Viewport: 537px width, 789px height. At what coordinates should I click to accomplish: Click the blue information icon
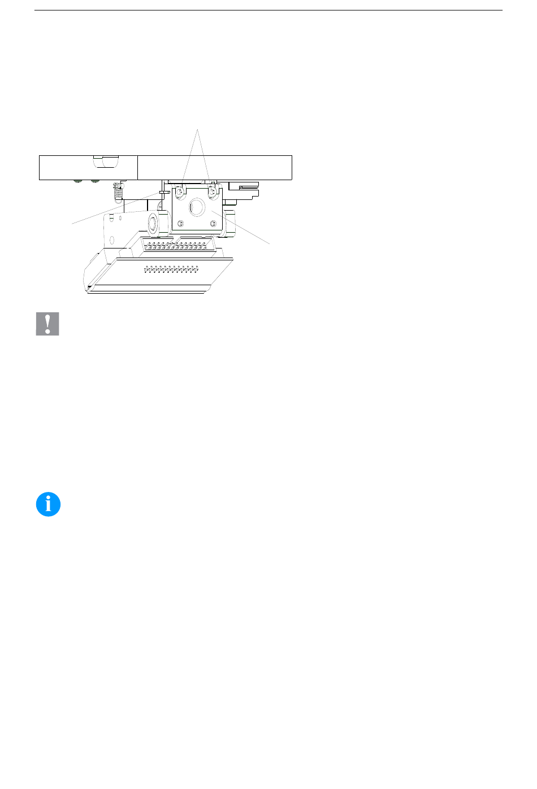[x=48, y=504]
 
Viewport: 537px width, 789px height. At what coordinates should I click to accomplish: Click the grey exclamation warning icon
[x=47, y=324]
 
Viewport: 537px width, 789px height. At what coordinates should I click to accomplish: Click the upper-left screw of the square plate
[x=180, y=193]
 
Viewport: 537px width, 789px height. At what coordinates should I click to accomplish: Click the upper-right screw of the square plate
[x=213, y=193]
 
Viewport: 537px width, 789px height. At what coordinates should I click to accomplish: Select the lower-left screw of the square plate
[x=180, y=224]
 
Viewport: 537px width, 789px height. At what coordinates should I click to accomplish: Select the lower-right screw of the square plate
[x=213, y=224]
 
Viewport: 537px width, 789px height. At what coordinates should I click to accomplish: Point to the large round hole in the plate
[x=196, y=208]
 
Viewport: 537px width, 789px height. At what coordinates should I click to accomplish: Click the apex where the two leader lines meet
[x=197, y=130]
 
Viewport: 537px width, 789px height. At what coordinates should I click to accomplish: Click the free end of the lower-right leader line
[x=270, y=244]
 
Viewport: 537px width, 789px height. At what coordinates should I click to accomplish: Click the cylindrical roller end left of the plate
[x=153, y=224]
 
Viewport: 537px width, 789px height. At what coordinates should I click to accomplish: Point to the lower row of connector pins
[x=172, y=270]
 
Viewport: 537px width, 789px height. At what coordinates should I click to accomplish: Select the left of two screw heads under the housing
[x=77, y=182]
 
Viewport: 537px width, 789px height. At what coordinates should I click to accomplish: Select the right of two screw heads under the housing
[x=94, y=182]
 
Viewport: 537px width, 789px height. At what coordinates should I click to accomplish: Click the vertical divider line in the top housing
[x=137, y=167]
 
